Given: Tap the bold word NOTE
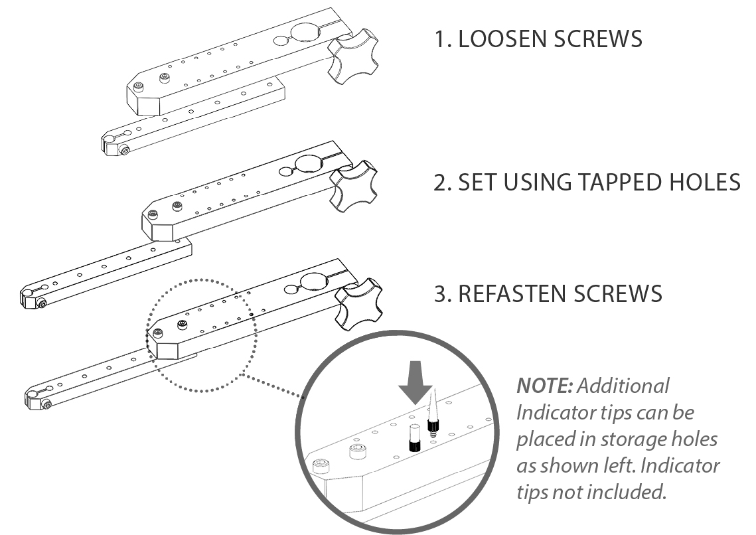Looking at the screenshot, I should [544, 386].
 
